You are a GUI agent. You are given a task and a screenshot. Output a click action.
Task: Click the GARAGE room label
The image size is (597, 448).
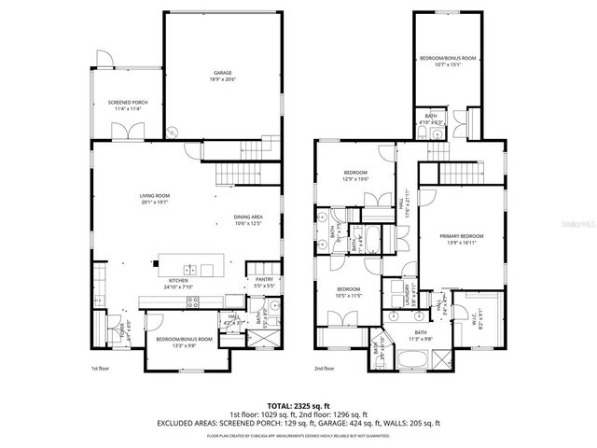[x=222, y=73]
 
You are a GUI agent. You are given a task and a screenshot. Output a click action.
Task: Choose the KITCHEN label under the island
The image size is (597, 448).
[x=178, y=281]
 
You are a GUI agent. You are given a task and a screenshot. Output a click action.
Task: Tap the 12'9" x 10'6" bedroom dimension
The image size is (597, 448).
[x=355, y=179]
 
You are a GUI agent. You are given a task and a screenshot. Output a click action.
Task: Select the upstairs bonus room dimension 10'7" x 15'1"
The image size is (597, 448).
[x=447, y=64]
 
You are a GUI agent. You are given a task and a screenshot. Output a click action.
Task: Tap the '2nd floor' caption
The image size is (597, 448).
[x=324, y=368]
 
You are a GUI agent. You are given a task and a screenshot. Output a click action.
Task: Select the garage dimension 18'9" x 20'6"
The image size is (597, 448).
[x=222, y=79]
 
